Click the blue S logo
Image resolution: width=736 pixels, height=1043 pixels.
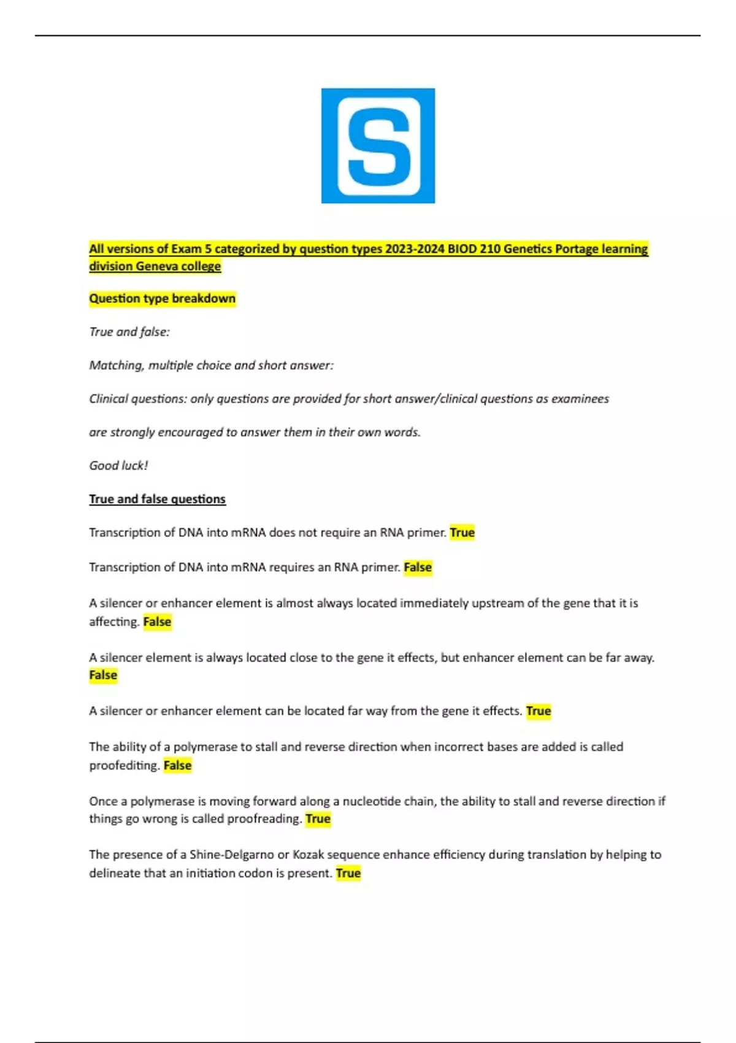click(378, 145)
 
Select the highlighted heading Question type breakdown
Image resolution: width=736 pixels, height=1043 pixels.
click(162, 299)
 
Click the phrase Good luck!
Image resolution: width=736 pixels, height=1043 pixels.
click(118, 466)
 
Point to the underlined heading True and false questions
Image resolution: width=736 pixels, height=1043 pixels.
click(157, 499)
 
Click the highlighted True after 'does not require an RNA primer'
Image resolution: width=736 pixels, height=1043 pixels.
click(462, 533)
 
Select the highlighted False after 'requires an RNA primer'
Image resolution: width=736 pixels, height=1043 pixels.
click(418, 568)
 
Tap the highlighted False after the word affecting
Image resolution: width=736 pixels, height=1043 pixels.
click(157, 622)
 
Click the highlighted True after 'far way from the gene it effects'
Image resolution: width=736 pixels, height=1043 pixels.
click(539, 711)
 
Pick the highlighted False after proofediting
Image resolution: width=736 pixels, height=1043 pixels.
click(177, 765)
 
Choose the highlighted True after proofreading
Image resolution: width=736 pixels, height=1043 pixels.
click(318, 819)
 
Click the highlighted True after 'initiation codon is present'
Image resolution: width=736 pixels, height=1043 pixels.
click(348, 873)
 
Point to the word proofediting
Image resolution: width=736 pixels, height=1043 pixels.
click(125, 765)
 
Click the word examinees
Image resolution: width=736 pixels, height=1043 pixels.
click(580, 399)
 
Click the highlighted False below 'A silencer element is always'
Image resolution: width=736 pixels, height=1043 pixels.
click(103, 675)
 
